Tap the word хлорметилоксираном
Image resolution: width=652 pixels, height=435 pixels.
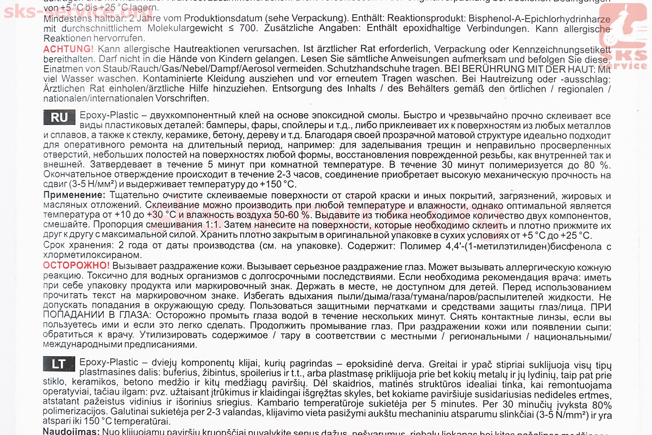86,255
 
